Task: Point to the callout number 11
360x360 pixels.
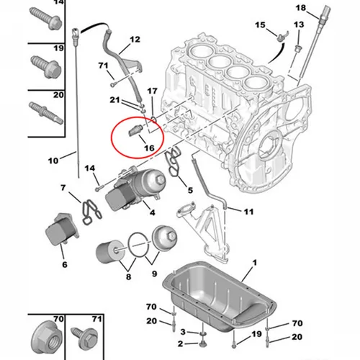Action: pyautogui.click(x=248, y=212)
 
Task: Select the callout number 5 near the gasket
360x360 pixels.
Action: pyautogui.click(x=190, y=191)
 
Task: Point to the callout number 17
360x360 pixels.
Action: pyautogui.click(x=151, y=91)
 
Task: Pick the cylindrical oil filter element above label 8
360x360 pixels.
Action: pyautogui.click(x=110, y=254)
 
